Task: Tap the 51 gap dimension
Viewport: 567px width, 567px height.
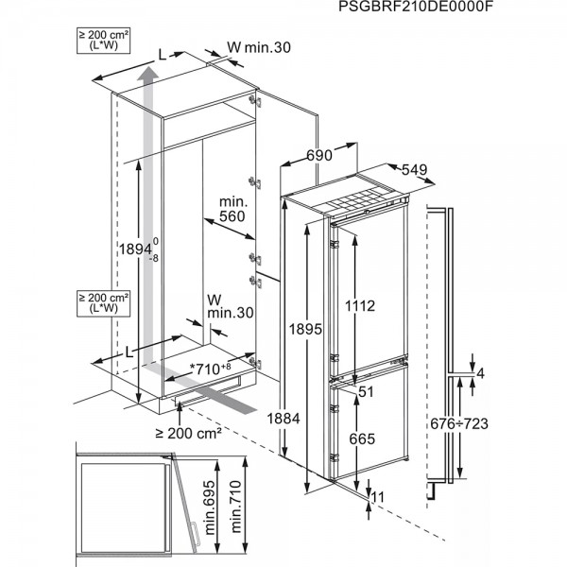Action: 369,390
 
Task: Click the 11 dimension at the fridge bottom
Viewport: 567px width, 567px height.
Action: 379,497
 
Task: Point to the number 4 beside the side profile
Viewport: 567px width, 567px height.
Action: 480,372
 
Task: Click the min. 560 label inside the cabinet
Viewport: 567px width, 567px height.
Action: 232,209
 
